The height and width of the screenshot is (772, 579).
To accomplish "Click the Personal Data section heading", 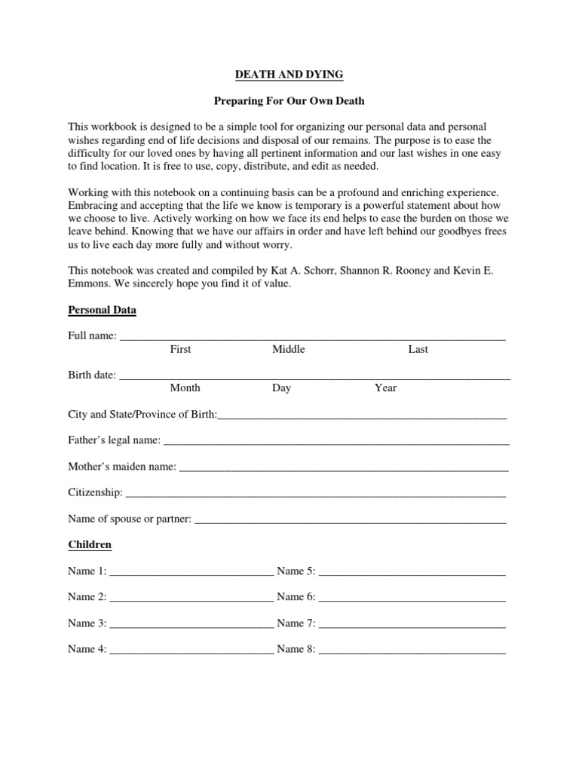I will coord(102,310).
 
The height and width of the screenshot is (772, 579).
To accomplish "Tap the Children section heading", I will coord(90,544).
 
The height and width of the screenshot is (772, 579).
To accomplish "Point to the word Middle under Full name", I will coord(289,350).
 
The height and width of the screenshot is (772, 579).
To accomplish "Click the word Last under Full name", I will coord(418,350).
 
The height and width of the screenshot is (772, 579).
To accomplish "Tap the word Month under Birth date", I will coord(185,388).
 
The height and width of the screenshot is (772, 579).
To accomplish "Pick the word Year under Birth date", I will coord(385,388).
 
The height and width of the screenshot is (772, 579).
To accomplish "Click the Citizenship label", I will coord(95,492).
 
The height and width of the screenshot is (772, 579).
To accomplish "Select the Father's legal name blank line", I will coord(336,441).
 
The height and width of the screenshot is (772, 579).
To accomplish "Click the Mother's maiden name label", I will coord(122,467).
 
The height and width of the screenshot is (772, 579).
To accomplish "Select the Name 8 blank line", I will coord(412,651).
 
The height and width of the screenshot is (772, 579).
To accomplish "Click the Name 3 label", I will coord(87,623).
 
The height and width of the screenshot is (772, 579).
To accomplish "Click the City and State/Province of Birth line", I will coord(362,416).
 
